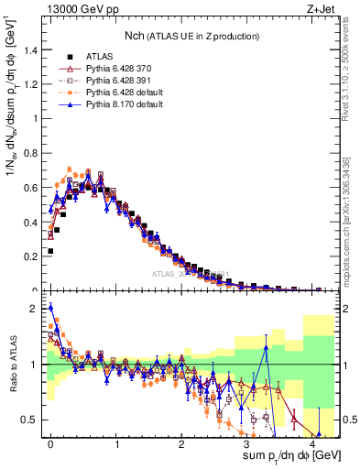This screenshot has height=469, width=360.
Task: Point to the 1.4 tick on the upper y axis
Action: coord(33,50)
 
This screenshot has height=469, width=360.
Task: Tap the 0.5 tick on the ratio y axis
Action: coord(33,420)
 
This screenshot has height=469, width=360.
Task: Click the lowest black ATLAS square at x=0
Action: coord(50,250)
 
